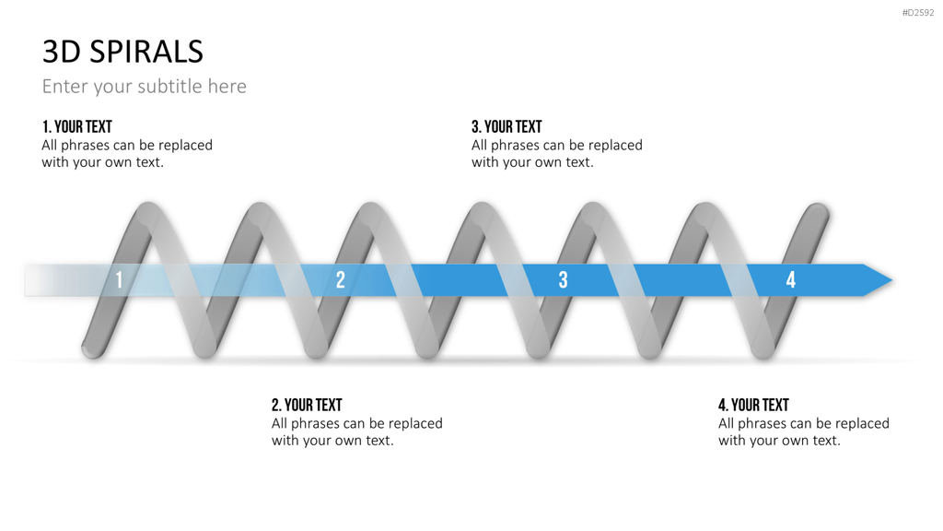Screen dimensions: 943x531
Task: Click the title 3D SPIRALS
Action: (x=122, y=52)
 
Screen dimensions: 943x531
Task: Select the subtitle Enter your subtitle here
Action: (x=145, y=86)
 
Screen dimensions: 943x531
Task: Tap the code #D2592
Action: (x=918, y=13)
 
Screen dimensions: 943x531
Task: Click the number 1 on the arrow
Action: (x=119, y=280)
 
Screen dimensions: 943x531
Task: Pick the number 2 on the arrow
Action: (x=341, y=280)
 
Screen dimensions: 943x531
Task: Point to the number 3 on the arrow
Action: (x=563, y=280)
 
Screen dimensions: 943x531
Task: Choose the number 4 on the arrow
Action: (x=791, y=280)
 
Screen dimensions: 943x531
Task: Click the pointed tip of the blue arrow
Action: (x=891, y=280)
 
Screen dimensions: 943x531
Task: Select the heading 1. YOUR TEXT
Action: (x=77, y=127)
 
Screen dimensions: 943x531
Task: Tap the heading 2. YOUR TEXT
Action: (x=307, y=406)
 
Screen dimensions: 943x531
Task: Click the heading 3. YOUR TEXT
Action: (x=506, y=127)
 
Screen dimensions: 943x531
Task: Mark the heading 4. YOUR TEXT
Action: (x=753, y=406)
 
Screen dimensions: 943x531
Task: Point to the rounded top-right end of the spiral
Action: (x=818, y=213)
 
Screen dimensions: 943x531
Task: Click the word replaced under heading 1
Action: (x=186, y=146)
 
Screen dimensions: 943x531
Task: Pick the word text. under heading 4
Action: (x=826, y=441)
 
